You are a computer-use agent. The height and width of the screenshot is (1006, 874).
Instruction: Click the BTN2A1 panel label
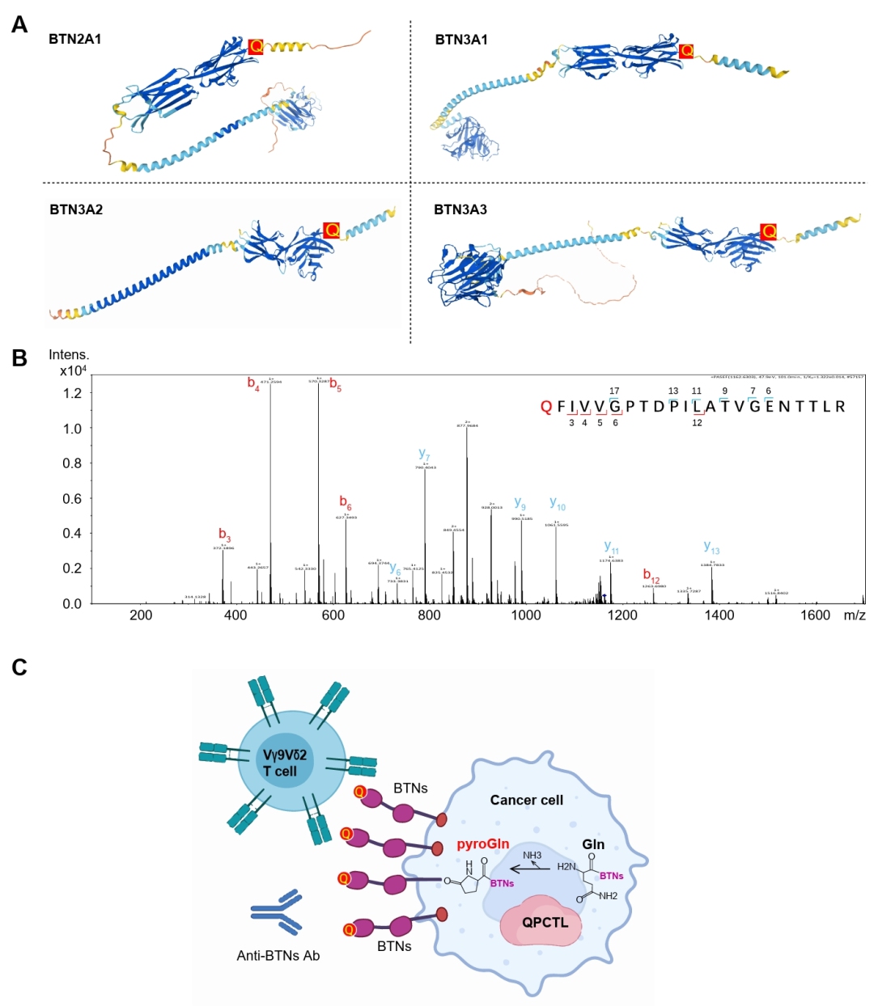[74, 39]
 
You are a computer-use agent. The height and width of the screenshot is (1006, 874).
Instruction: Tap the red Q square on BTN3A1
[686, 51]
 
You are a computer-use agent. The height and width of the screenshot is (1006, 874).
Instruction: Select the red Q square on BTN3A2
[331, 230]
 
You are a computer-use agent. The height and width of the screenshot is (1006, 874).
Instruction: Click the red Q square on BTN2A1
[256, 46]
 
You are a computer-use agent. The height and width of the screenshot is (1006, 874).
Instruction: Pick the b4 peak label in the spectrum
[253, 383]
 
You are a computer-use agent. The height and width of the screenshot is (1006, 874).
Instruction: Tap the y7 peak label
[424, 454]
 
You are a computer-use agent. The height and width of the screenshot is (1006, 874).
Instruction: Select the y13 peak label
[711, 547]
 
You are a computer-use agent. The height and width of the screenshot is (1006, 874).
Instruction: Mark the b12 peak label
[651, 575]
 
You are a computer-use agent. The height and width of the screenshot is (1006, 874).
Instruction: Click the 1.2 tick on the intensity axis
[72, 393]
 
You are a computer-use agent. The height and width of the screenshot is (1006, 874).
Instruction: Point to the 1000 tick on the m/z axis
[526, 615]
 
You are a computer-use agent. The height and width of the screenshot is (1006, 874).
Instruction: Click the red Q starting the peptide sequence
[545, 406]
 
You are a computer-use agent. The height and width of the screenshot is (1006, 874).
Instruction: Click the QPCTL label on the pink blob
[545, 922]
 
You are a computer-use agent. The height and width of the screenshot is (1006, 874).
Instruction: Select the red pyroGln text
[482, 843]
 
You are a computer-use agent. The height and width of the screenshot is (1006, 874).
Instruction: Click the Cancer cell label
[526, 800]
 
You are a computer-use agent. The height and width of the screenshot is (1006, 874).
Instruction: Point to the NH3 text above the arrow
[532, 855]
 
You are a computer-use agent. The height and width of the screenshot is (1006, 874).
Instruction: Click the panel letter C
[19, 667]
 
